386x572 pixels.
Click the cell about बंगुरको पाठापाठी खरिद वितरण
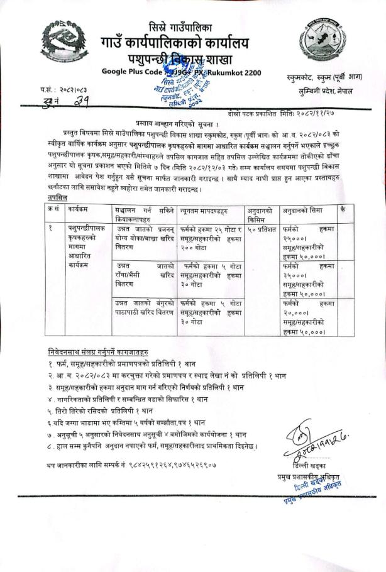coord(143,308)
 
